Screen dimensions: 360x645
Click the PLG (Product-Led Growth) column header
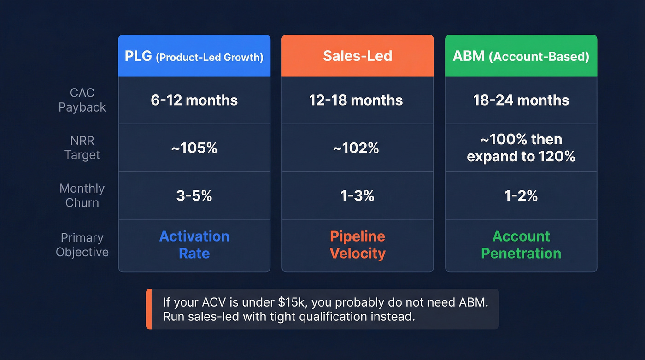coord(194,56)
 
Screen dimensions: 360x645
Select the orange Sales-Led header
coord(358,56)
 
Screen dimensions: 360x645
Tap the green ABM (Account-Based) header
coord(521,56)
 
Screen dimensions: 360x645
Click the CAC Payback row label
coord(82,100)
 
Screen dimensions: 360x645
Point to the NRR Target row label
coord(82,148)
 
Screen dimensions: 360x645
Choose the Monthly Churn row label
coord(82,195)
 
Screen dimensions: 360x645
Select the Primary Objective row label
coord(82,245)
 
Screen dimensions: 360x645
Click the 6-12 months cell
coord(194,100)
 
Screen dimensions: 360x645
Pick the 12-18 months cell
coord(356,100)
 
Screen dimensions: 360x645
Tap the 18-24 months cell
coord(521,100)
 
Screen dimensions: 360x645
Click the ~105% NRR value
coord(194,148)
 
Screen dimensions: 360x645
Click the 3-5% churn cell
coord(194,196)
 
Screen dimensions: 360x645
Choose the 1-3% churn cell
coord(358,196)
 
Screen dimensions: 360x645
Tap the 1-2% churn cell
coord(521,196)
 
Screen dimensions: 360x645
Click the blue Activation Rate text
coord(194,245)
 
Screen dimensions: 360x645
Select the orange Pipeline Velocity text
coord(358,245)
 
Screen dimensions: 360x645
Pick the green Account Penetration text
coord(521,245)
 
